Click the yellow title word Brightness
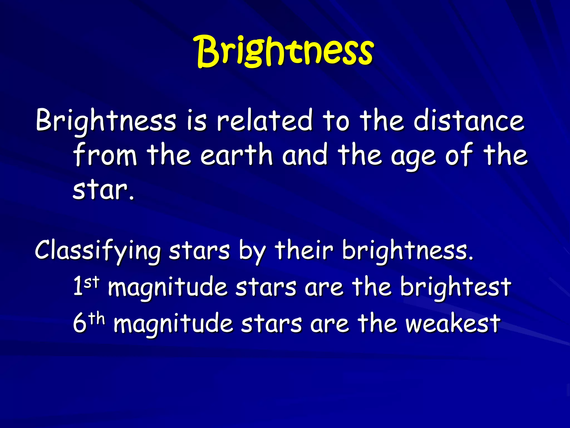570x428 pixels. tap(284, 52)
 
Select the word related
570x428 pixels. tap(264, 121)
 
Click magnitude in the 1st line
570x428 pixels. tap(167, 289)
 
